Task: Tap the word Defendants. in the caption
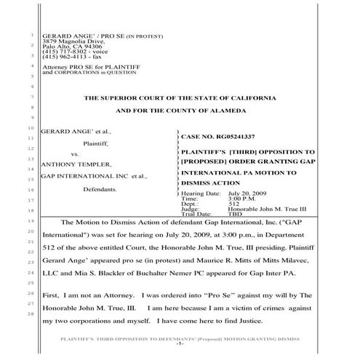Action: [x=102, y=188]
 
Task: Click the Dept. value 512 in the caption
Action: [x=233, y=204]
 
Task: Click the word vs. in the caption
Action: [x=74, y=154]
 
